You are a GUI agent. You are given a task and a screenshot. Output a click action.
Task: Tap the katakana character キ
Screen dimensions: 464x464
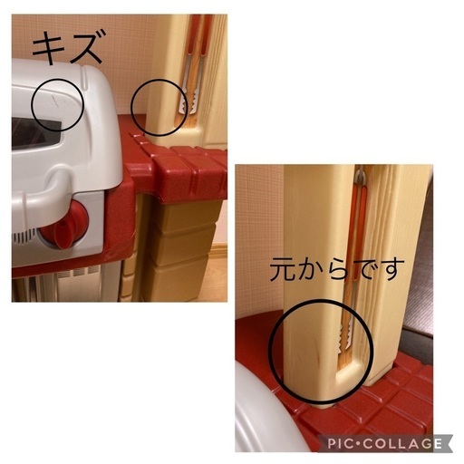pyautogui.click(x=49, y=47)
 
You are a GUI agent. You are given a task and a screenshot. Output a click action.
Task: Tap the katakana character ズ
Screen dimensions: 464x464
pyautogui.click(x=88, y=46)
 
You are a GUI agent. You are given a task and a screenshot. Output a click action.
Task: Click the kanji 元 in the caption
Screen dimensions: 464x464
pyautogui.click(x=282, y=270)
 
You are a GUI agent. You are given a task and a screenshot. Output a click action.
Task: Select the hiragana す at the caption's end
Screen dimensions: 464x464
pyautogui.click(x=391, y=269)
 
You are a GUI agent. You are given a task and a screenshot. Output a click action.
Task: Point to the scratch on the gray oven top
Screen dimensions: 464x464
pyautogui.click(x=56, y=102)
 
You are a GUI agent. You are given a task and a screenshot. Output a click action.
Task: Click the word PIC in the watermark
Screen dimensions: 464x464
pyautogui.click(x=341, y=444)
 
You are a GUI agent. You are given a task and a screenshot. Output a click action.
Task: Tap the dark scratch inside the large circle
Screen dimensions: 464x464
pyautogui.click(x=317, y=353)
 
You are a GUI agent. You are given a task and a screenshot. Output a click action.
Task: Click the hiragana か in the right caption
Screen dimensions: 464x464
pyautogui.click(x=310, y=270)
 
